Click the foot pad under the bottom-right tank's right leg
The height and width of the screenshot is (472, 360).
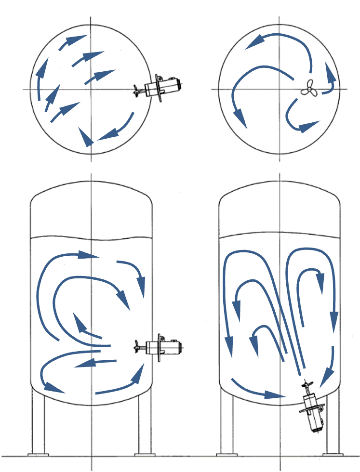[x=333, y=454]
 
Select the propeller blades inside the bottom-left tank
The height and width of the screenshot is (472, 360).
[x=138, y=345]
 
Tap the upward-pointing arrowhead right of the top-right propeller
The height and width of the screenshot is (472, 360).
[x=330, y=72]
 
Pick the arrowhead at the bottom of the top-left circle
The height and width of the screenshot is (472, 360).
[x=86, y=138]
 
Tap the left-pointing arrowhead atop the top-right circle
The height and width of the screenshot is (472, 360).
[x=253, y=43]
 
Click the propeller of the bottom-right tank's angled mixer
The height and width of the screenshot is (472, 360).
[x=306, y=385]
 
